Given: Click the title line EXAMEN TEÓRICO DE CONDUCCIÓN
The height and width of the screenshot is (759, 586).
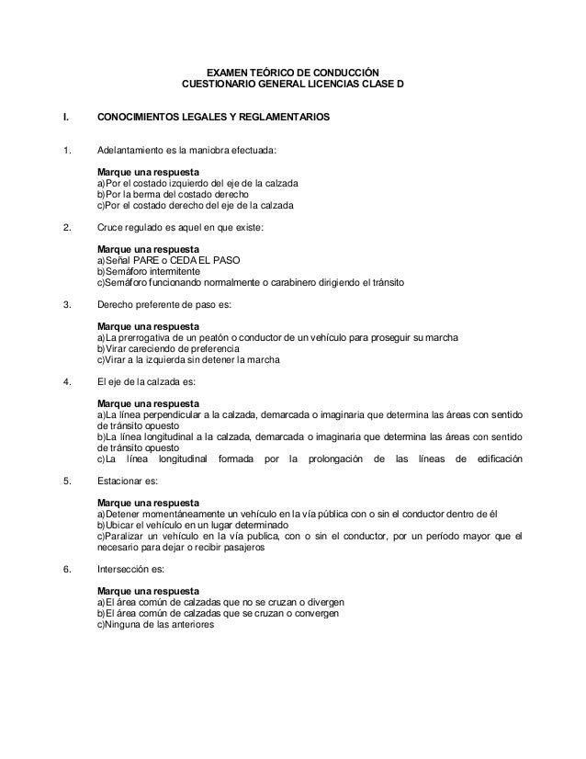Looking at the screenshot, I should coord(292,73).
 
